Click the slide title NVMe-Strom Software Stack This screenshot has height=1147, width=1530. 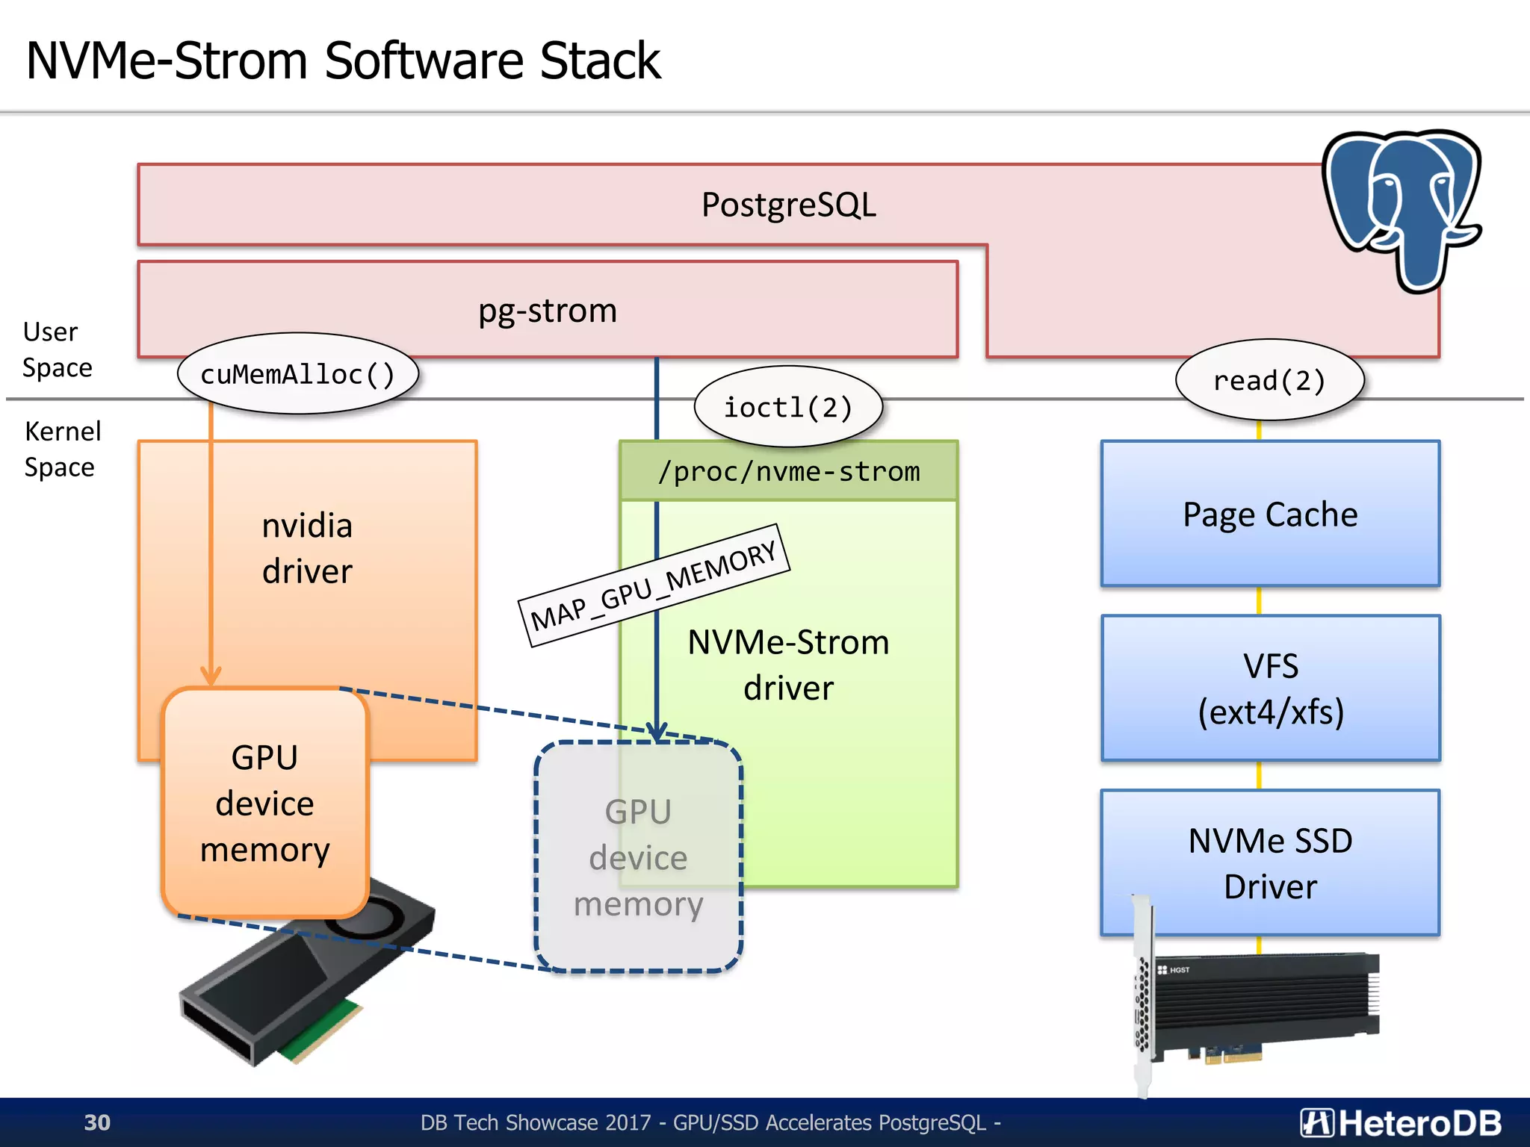[343, 60]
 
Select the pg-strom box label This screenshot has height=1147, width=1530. [548, 311]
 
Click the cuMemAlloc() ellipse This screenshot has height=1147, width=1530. [297, 374]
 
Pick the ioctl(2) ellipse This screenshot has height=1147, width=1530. [788, 408]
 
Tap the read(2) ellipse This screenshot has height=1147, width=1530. [1269, 381]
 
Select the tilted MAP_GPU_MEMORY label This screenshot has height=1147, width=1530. [654, 585]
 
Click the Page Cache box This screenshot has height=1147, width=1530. [1270, 515]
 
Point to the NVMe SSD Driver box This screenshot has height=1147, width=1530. [1270, 862]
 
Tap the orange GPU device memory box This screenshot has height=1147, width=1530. [264, 803]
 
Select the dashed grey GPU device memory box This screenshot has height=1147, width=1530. [638, 857]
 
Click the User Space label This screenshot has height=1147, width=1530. [57, 349]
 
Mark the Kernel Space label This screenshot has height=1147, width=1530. [61, 450]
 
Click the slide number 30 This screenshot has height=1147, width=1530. [97, 1122]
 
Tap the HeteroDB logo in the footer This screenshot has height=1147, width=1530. [1400, 1123]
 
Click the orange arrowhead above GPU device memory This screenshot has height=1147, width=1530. [211, 675]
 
